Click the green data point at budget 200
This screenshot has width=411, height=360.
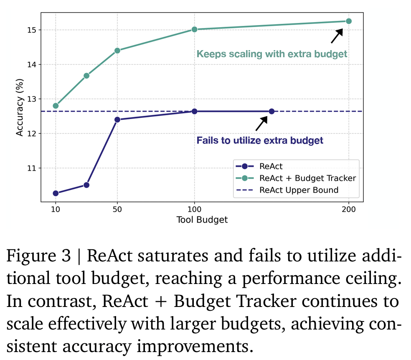(x=348, y=21)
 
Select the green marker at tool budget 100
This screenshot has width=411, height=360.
(x=194, y=29)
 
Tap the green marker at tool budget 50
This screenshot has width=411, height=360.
(x=117, y=51)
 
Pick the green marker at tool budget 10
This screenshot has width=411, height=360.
(x=56, y=106)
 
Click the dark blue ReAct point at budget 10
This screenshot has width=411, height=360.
(x=56, y=193)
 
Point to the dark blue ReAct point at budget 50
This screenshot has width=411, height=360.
(x=117, y=119)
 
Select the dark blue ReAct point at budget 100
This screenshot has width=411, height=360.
(x=194, y=111)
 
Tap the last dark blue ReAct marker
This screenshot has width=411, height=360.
(x=271, y=111)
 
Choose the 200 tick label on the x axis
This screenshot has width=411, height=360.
(x=348, y=210)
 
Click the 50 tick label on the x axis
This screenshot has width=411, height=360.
(x=117, y=210)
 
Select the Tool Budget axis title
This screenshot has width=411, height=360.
(x=202, y=220)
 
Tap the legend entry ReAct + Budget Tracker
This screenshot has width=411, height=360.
(x=307, y=178)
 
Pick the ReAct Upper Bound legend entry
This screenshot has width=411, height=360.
(x=299, y=190)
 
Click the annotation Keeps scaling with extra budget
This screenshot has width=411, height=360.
(x=272, y=54)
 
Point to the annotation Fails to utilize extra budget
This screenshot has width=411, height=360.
(x=260, y=140)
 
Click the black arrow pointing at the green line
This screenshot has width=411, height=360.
(x=337, y=36)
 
